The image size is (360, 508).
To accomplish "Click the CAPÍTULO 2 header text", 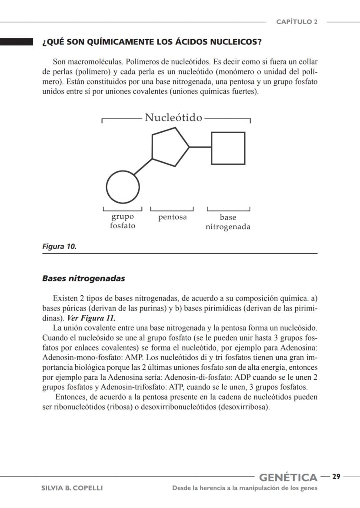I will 297,22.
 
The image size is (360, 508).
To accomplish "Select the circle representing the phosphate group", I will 123,187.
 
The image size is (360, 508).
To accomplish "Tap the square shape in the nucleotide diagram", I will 228,148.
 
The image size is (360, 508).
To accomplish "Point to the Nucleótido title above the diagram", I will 173,117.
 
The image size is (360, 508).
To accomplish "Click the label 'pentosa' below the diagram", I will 172,217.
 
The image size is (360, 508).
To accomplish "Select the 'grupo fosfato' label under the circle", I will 123,221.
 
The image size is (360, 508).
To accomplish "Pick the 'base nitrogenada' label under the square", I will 228,222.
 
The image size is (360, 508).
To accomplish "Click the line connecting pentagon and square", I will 200,147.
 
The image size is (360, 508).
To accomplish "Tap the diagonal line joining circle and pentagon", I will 143,167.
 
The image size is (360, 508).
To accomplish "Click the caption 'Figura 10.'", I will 59,247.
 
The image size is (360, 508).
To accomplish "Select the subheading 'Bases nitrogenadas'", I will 83,278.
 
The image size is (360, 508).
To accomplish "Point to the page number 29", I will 336,477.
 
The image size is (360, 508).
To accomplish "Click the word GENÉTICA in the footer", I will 288,478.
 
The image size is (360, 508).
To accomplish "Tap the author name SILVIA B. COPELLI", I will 72,488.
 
